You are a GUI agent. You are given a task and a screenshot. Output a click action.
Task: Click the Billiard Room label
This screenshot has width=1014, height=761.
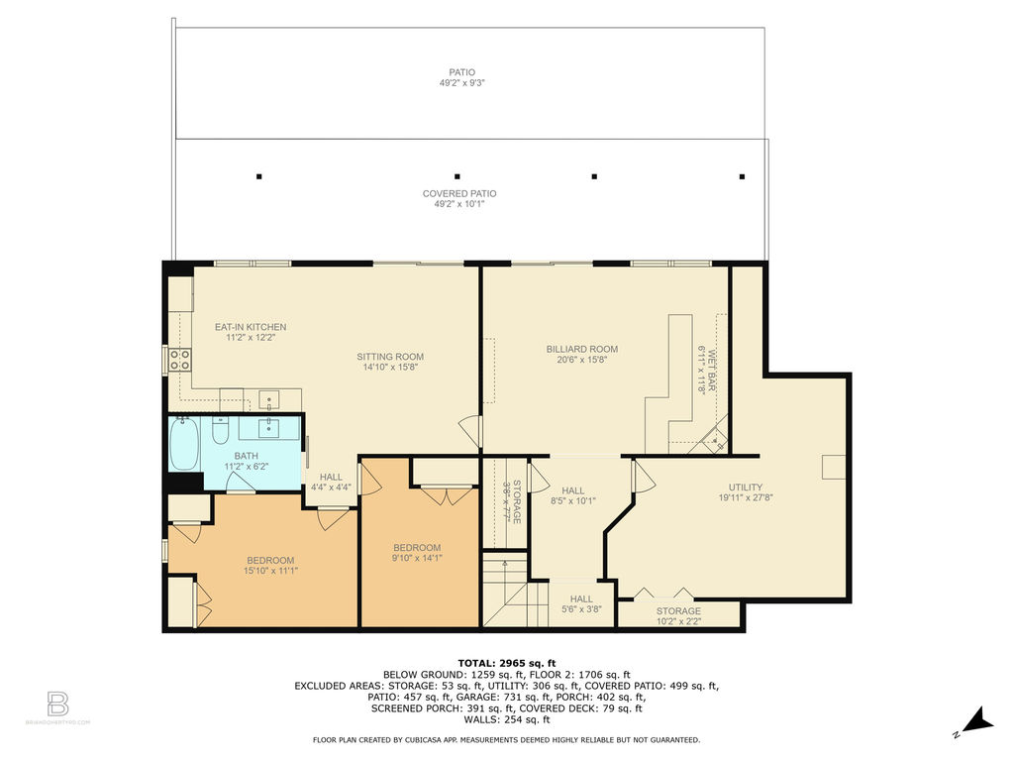582,349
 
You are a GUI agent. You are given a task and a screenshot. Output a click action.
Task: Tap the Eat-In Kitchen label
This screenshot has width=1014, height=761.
251,327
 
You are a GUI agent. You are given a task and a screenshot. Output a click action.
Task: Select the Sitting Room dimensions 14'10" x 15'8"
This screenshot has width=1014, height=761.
390,367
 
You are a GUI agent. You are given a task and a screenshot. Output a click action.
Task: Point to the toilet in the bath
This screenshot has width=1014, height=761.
221,431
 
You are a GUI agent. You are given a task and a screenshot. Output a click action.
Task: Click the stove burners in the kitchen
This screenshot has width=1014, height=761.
179,360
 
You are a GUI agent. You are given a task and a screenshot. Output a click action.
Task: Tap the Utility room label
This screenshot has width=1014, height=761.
746,488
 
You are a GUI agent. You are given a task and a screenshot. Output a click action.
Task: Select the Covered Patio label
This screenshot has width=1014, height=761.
459,193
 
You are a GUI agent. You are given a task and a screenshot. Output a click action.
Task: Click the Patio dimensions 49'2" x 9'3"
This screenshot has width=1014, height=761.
461,83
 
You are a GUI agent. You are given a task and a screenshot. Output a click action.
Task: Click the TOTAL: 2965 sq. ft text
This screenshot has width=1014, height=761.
507,663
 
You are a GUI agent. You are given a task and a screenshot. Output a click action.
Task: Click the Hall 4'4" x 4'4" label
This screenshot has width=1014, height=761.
331,483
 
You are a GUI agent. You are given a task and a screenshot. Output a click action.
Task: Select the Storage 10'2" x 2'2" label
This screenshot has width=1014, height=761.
678,616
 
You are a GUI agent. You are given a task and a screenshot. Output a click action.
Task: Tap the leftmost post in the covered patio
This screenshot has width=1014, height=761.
258,176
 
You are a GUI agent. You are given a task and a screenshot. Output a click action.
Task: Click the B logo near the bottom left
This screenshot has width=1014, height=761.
57,704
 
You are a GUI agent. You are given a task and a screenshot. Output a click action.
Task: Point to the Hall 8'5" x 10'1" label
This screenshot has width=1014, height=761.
573,495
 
